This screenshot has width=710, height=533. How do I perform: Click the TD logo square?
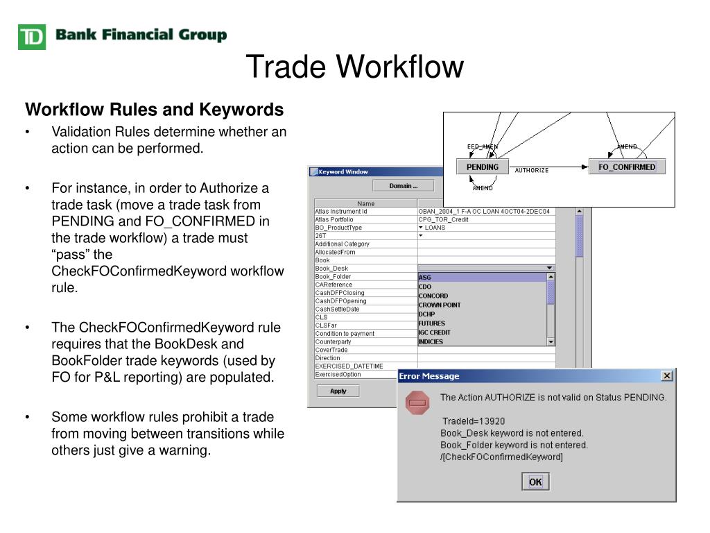coord(31,36)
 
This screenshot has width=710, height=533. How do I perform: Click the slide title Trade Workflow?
coord(354,67)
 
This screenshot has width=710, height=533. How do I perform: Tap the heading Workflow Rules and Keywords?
coord(155,110)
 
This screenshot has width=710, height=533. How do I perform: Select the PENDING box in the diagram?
coord(483,167)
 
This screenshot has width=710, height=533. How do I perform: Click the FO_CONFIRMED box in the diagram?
coord(627,167)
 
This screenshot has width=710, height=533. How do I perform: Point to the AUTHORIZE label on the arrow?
coord(532,170)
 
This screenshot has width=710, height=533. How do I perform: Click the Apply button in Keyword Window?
coord(338,391)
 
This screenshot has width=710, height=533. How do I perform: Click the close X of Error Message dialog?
coord(667,375)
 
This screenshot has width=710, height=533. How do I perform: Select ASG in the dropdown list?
coord(425,278)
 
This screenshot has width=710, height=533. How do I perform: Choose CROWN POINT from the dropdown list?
coord(440,305)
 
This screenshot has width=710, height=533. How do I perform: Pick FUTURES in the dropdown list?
coord(432,323)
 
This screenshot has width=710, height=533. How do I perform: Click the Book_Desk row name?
coord(331,269)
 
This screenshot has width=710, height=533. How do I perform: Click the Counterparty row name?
coord(334,341)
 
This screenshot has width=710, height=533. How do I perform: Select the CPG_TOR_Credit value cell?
coord(443,219)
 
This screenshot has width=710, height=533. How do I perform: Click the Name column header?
coord(365,203)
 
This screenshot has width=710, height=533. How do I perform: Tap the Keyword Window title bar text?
coord(343,171)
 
